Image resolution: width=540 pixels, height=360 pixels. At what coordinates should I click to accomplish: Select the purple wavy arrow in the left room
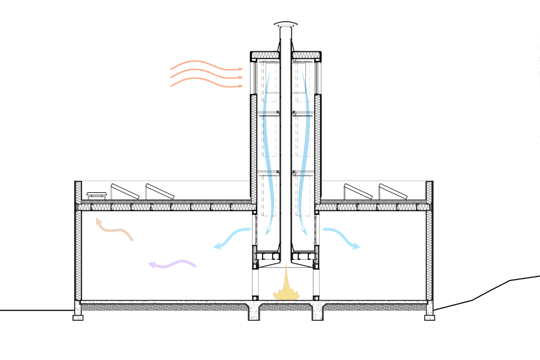click(173, 263)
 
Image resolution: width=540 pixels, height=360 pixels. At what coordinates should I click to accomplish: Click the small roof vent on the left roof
click(96, 195)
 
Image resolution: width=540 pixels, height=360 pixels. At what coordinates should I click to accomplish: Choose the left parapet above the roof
click(78, 191)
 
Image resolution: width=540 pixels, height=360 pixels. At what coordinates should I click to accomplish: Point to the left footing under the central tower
click(255, 312)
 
